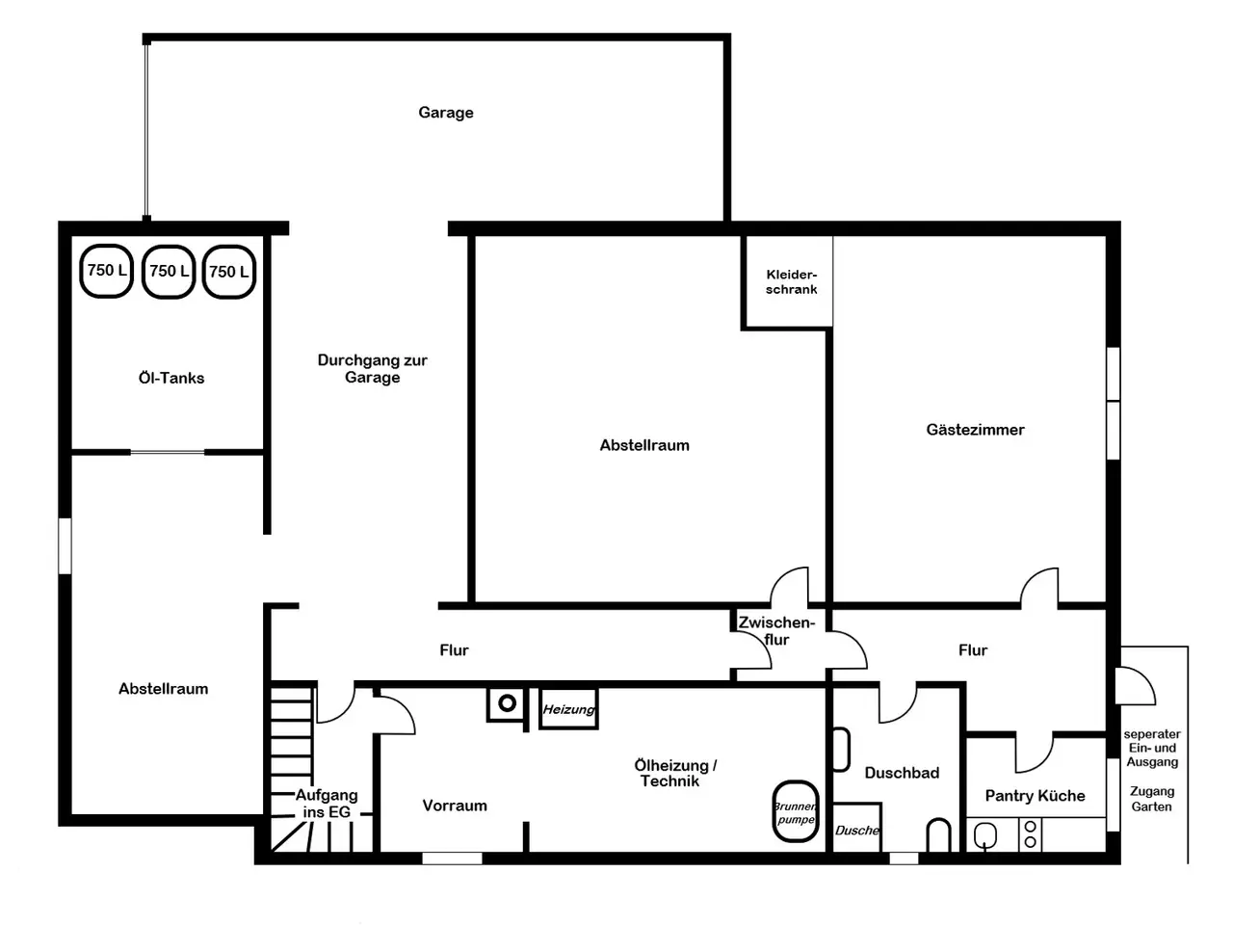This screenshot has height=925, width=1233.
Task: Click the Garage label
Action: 445,113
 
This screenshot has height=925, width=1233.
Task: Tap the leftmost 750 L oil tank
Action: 106,271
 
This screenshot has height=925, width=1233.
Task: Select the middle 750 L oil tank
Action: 168,272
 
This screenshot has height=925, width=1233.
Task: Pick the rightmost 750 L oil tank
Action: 228,272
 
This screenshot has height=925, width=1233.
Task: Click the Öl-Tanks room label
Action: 171,378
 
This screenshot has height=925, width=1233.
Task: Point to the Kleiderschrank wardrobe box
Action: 788,281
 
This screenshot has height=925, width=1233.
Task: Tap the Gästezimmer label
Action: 975,430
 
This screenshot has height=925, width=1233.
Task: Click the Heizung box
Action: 568,709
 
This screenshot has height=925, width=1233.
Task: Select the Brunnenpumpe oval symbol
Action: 796,812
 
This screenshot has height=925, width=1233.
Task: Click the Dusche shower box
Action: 856,828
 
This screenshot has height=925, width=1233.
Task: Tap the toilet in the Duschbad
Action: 938,836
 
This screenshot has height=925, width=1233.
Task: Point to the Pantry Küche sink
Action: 984,835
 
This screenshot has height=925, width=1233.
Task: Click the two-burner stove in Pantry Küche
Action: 1030,834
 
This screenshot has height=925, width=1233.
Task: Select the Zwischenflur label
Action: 776,631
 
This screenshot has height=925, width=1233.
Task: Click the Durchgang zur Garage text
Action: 373,368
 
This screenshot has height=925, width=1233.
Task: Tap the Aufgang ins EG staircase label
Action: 327,804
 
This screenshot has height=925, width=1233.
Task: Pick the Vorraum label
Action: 455,806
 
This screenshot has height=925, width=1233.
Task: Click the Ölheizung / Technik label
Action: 674,774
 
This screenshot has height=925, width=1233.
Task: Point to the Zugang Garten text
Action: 1151,799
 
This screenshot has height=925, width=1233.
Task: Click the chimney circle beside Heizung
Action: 507,702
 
